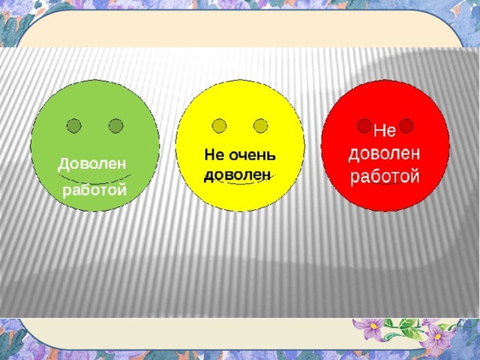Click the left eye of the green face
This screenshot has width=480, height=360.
coord(73,125)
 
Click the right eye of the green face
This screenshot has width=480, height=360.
coord(116,125)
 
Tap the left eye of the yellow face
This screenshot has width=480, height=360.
coord(219,125)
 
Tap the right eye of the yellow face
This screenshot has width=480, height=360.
coord(261,125)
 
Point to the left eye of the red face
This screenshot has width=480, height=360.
coord(364,125)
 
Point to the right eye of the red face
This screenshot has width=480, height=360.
coord(406,125)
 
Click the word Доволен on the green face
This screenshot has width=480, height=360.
coord(91,164)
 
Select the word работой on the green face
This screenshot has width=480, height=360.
coord(94,190)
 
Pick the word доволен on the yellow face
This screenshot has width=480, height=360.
coord(238,175)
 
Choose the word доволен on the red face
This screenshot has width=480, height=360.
coord(384,154)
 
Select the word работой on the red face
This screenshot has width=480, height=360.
coord(385,177)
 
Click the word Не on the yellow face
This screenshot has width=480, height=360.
coord(215,155)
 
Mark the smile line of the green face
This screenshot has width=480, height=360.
coord(94,181)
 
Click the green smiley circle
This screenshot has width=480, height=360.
coord(94,145)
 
